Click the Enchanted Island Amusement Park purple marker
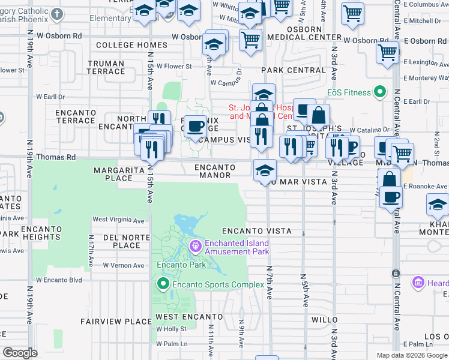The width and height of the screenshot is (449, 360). coord(195,247)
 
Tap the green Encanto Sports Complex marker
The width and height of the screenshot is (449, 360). coord(162,284)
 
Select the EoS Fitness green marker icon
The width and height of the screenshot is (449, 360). coord(379,92)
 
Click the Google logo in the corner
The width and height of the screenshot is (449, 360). coord(20,353)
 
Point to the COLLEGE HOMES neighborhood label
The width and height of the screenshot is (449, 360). coord(131,45)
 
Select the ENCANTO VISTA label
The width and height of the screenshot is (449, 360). coord(256,231)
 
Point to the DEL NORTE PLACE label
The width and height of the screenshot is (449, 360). coord(126,241)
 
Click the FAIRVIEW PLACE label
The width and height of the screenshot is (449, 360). coord(116,322)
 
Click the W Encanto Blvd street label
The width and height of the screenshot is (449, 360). coord(59,280)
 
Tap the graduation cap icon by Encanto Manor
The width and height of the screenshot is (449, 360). coord(265,170)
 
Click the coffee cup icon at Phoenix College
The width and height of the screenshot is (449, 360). coord(195,126)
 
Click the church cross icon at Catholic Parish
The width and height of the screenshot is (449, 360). coord(57,14)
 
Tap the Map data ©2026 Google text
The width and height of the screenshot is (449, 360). coord(412,355)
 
